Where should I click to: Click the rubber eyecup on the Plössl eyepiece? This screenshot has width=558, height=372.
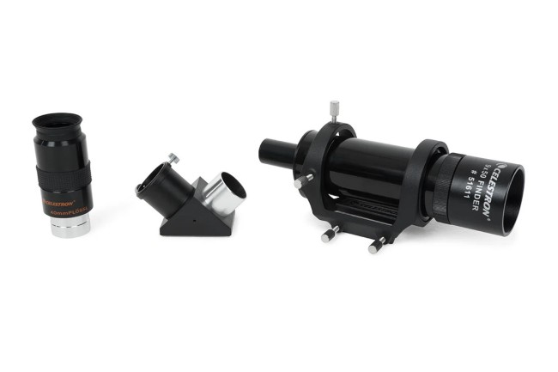(x=58, y=122)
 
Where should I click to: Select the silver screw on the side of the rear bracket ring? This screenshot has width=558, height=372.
(x=301, y=181)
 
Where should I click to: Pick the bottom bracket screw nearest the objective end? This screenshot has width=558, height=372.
(x=376, y=246)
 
